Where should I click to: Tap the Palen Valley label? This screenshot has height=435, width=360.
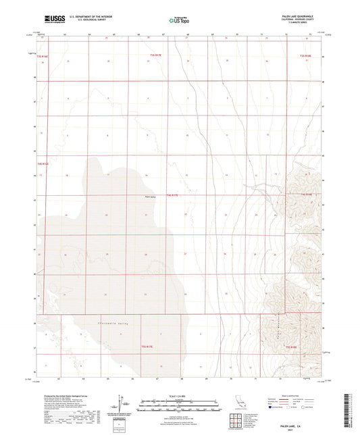[151, 197]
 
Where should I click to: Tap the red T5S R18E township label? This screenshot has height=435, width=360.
[291, 347]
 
